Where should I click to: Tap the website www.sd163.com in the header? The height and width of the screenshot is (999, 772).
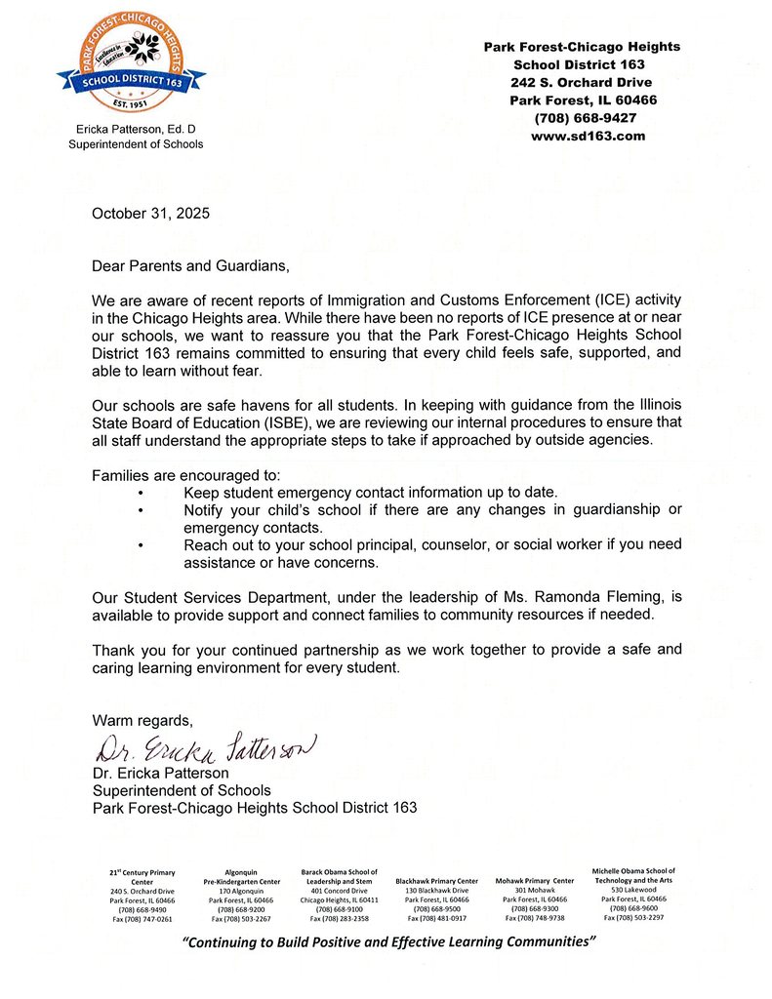click(x=588, y=137)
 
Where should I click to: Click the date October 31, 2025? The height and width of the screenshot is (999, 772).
click(x=150, y=213)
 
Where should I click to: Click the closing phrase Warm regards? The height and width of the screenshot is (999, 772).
click(x=142, y=720)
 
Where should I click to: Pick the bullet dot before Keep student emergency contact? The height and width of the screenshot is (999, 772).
click(x=142, y=494)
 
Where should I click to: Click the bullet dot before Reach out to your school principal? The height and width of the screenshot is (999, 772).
click(x=142, y=545)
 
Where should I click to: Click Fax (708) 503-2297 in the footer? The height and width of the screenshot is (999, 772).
click(x=632, y=918)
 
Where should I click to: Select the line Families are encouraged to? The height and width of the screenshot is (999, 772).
click(x=186, y=475)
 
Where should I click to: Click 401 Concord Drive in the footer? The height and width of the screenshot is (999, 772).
click(x=339, y=891)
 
